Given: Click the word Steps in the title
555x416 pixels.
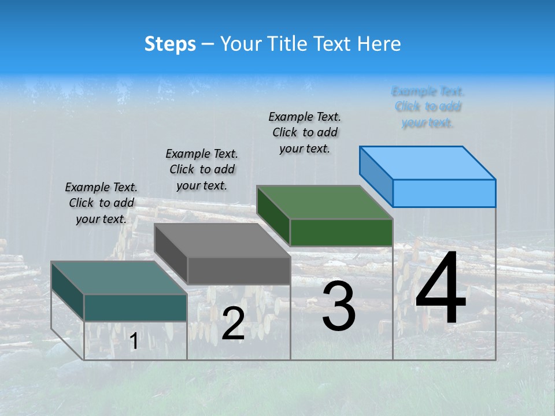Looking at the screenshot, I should click(x=170, y=44).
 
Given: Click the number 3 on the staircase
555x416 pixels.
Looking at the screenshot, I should click(x=338, y=306).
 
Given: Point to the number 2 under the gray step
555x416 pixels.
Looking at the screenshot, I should click(x=233, y=324).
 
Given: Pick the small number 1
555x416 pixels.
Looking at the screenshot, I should click(x=134, y=341).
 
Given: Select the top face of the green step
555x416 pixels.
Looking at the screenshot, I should click(x=324, y=203).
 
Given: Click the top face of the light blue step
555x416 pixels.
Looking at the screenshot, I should click(x=427, y=163).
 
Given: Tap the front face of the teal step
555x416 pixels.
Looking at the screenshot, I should click(x=135, y=307).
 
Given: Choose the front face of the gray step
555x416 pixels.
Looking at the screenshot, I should click(x=239, y=270).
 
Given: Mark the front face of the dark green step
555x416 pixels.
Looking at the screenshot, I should click(x=341, y=232).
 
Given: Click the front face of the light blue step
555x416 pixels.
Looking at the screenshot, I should click(x=444, y=193).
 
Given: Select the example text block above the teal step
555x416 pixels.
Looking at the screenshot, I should click(x=101, y=203).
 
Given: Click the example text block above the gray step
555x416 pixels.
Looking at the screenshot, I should click(x=202, y=169).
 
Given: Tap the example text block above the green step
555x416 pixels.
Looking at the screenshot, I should click(x=305, y=132).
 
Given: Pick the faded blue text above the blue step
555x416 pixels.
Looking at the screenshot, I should click(x=428, y=107).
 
